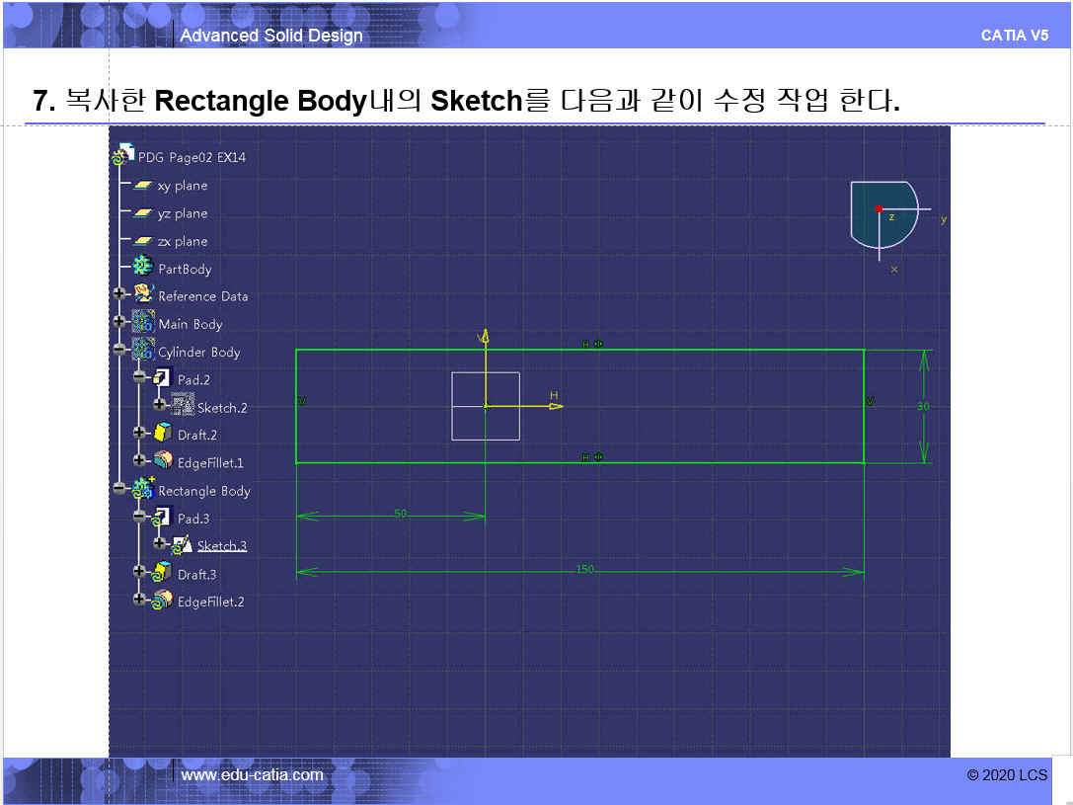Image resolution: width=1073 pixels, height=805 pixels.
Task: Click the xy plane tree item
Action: coord(183,186)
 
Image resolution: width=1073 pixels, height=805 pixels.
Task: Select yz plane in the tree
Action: coord(183,213)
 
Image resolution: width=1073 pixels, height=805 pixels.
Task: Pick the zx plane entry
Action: coord(183,241)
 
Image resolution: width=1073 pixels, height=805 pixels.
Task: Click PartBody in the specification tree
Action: coord(185,269)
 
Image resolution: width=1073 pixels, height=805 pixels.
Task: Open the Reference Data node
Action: coord(202,296)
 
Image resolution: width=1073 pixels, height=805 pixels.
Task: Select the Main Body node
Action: coord(191,324)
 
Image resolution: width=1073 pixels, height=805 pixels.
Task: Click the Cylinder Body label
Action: coord(198,352)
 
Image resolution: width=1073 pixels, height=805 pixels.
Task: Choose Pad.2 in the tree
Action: coord(193,379)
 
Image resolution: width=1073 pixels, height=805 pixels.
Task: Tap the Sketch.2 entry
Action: coord(222,408)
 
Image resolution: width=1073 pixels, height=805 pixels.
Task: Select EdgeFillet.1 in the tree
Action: coord(210,462)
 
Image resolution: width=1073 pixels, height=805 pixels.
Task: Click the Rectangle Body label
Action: coord(204,491)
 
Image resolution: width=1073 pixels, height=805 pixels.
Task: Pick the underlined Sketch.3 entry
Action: coord(222,546)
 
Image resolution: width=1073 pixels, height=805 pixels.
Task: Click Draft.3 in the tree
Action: coord(196,574)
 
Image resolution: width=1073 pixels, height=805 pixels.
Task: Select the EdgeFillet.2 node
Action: coord(210,602)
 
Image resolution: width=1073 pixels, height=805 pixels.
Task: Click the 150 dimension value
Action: coord(585,569)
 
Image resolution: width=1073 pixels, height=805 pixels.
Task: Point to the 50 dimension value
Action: coord(400,513)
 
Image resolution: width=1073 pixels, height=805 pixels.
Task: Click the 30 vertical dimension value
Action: coord(923,406)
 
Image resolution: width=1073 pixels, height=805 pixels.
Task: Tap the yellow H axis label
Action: coord(554,395)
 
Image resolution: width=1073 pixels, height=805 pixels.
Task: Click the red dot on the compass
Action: coord(879,208)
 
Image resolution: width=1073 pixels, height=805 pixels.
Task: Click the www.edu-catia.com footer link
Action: coord(252,775)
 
